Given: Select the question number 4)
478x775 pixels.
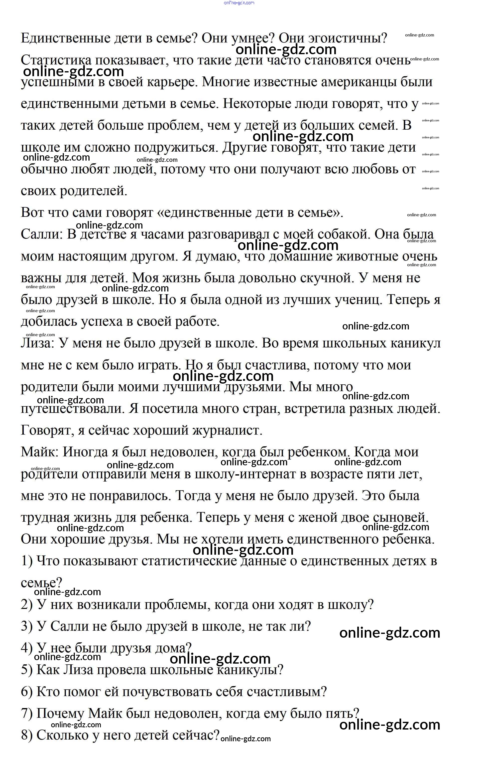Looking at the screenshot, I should [26, 648].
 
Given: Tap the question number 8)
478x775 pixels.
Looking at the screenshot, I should [26, 735].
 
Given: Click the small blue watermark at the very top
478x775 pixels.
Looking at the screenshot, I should [239, 3].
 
